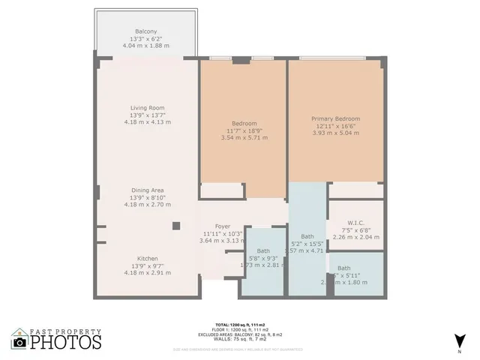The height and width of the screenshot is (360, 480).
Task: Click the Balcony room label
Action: (x=145, y=31)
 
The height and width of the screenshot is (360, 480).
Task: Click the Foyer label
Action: (x=222, y=226)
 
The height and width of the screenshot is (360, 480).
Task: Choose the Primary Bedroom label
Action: (x=335, y=118)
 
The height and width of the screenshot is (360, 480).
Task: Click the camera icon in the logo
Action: (x=20, y=342)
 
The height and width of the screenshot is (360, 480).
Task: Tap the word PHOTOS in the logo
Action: (x=66, y=343)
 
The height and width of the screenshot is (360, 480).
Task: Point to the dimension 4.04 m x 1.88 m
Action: (x=145, y=46)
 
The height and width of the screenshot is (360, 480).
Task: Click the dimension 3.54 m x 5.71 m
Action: (x=244, y=138)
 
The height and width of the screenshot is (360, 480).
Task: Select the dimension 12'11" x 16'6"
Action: (x=335, y=126)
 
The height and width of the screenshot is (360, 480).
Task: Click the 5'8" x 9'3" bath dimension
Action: (x=262, y=258)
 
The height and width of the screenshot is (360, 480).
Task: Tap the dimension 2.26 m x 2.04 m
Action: (x=356, y=237)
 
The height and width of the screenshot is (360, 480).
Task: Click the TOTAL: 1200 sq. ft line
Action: (x=239, y=325)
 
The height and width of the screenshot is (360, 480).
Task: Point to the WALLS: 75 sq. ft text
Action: (x=239, y=338)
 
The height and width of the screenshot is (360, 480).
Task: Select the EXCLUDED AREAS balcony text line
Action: (x=239, y=334)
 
